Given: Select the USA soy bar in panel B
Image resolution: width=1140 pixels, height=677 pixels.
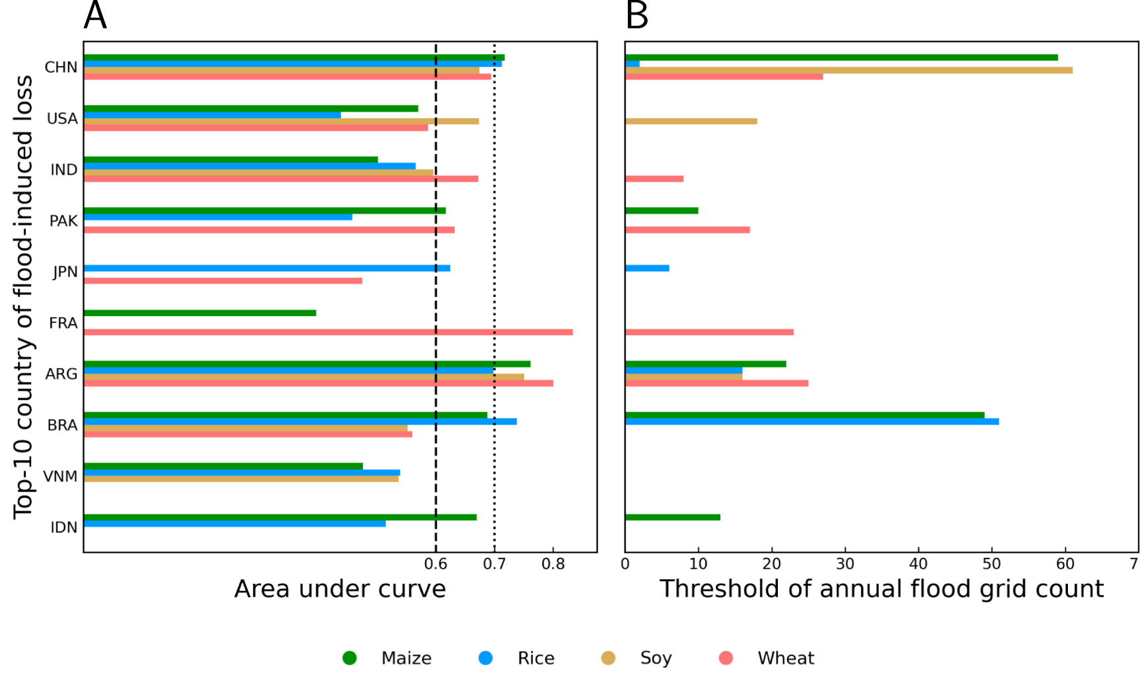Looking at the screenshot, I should tap(691, 121).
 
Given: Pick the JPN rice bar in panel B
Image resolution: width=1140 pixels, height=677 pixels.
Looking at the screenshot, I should tap(647, 268).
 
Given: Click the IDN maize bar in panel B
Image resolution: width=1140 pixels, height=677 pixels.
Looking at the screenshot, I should tap(672, 517).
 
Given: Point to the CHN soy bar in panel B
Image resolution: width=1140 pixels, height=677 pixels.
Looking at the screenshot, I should tap(849, 70).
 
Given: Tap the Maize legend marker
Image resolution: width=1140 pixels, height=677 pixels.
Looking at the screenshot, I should tap(350, 658).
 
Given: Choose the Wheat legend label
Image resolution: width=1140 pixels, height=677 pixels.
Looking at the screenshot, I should tap(786, 658).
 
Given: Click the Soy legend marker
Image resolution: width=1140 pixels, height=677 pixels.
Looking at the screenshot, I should tap(608, 658).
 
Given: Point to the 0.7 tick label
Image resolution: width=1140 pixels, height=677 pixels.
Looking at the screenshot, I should tap(494, 564).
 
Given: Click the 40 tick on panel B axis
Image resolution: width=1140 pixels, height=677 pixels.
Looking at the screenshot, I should tap(919, 564).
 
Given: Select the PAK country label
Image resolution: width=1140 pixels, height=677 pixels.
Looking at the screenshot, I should tap(63, 221).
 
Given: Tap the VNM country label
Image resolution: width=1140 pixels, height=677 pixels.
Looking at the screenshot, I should tap(60, 476).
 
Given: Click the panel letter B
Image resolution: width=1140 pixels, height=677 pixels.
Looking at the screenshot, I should tap(637, 15).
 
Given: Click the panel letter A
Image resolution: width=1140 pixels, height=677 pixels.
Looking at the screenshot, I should tap(95, 15).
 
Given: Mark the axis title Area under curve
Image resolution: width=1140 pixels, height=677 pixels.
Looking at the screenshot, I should tap(340, 588).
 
